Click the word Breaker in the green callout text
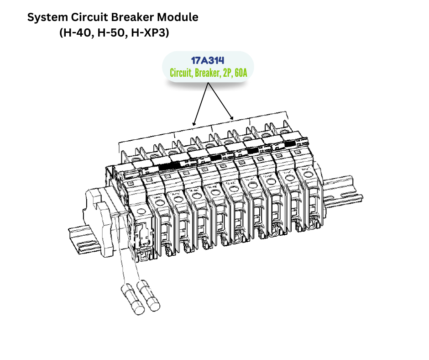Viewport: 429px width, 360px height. click(207, 73)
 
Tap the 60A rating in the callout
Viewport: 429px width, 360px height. click(241, 73)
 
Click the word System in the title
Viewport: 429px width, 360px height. click(46, 18)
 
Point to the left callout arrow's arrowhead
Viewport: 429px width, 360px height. click(194, 124)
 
